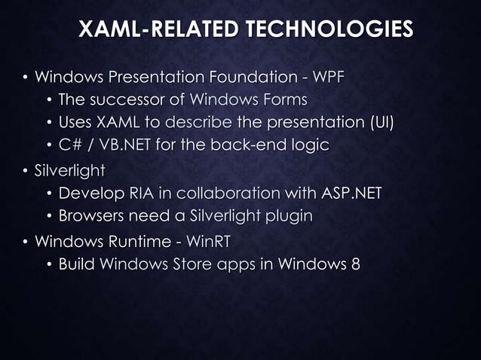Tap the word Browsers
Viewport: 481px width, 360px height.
click(x=92, y=216)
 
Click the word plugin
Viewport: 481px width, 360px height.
click(x=287, y=217)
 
